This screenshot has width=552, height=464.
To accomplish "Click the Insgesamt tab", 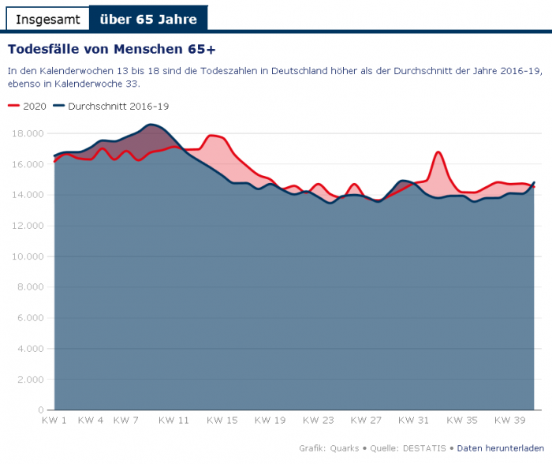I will click(x=48, y=18).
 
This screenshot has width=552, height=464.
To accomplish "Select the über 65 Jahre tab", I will click(x=148, y=18).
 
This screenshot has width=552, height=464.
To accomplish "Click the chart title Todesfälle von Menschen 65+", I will click(x=111, y=48).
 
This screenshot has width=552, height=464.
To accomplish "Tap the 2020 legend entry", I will click(x=28, y=106).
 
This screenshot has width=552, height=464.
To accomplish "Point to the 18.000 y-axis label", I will click(x=24, y=134).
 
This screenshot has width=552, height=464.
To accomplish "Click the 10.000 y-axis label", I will click(x=24, y=257).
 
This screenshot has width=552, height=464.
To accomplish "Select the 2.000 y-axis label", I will click(x=28, y=380).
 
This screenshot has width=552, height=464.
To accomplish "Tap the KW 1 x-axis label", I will click(x=54, y=421).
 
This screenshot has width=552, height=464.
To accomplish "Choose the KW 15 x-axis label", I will click(x=222, y=421).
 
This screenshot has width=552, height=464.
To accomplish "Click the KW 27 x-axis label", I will click(x=366, y=421).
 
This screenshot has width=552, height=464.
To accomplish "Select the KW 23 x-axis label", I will click(x=319, y=421).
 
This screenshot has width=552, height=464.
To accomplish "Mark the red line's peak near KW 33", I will click(x=438, y=152).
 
